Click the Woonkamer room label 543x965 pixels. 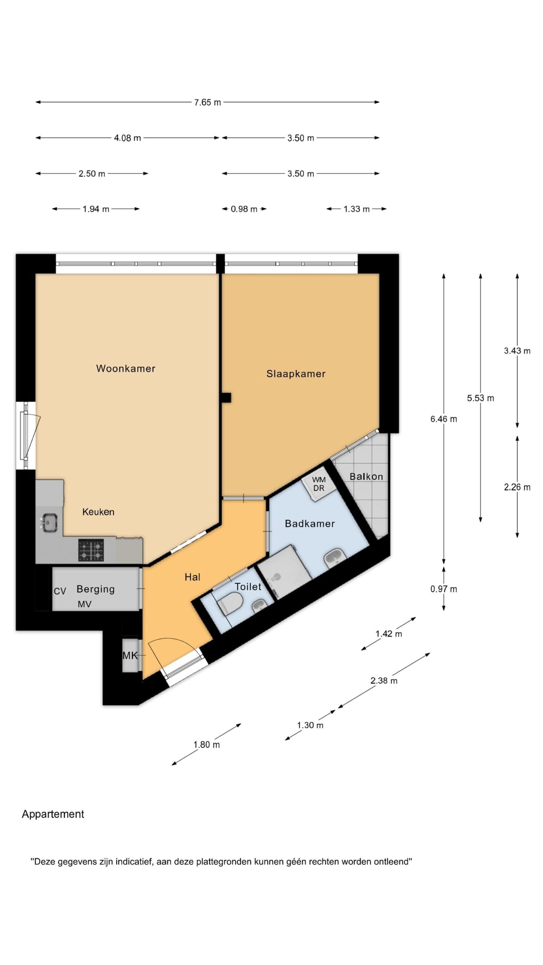(x=126, y=368)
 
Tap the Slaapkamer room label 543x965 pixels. (x=296, y=374)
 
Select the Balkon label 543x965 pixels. (x=366, y=476)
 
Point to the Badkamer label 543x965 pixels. (x=310, y=524)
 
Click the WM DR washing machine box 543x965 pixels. (x=319, y=484)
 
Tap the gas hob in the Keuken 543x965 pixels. (x=91, y=551)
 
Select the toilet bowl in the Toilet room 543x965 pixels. (x=231, y=604)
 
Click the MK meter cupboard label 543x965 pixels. (x=130, y=656)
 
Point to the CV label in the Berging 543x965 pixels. (x=60, y=591)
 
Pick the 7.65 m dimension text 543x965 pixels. (x=207, y=103)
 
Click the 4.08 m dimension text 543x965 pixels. (x=127, y=138)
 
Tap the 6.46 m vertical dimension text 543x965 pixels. (x=444, y=419)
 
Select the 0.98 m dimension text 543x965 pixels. (x=244, y=209)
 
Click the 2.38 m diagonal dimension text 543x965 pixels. (x=384, y=680)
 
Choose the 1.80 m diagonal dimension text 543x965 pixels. (x=207, y=744)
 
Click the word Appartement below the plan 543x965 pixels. (x=53, y=814)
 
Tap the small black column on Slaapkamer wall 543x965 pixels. (x=226, y=398)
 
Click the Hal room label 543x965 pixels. (x=192, y=577)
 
